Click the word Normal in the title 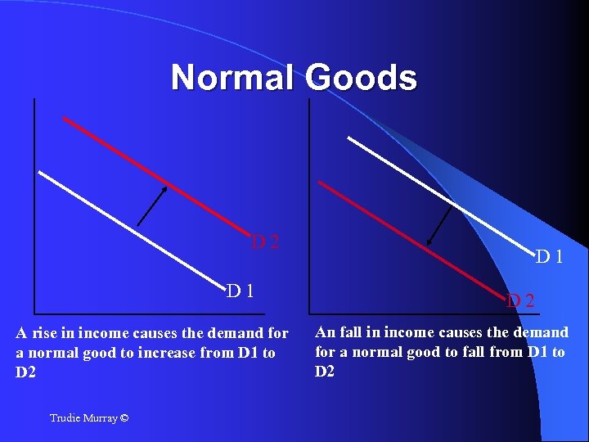pos(234,79)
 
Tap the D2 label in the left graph pos(265,241)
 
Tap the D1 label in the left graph pos(240,290)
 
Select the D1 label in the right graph pos(549,256)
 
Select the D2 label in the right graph pos(519,300)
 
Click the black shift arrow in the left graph pos(152,205)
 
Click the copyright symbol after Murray pos(124,418)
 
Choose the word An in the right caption pos(324,331)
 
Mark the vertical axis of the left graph pos(35,205)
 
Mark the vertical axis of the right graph pos(308,205)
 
